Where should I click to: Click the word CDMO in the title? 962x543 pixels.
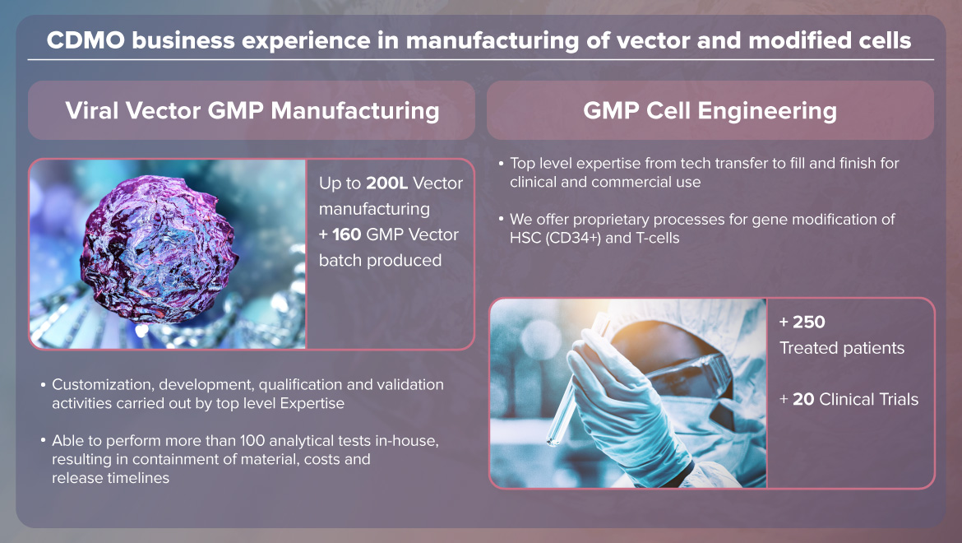(x=86, y=40)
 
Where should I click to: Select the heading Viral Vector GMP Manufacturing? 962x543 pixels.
(x=252, y=110)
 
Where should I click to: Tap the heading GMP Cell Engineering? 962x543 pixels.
(x=710, y=110)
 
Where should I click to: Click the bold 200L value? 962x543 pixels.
(x=386, y=183)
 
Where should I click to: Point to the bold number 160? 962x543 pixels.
(x=347, y=234)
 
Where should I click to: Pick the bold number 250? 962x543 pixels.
(x=808, y=323)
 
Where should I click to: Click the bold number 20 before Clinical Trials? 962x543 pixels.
(x=803, y=399)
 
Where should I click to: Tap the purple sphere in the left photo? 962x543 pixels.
(x=159, y=248)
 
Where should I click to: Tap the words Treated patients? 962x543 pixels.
(x=842, y=348)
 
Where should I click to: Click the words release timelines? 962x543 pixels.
(x=110, y=478)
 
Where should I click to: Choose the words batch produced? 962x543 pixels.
(x=381, y=260)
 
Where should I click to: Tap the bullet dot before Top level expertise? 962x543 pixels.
(x=502, y=163)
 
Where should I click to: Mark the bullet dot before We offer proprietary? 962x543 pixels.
(x=502, y=219)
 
